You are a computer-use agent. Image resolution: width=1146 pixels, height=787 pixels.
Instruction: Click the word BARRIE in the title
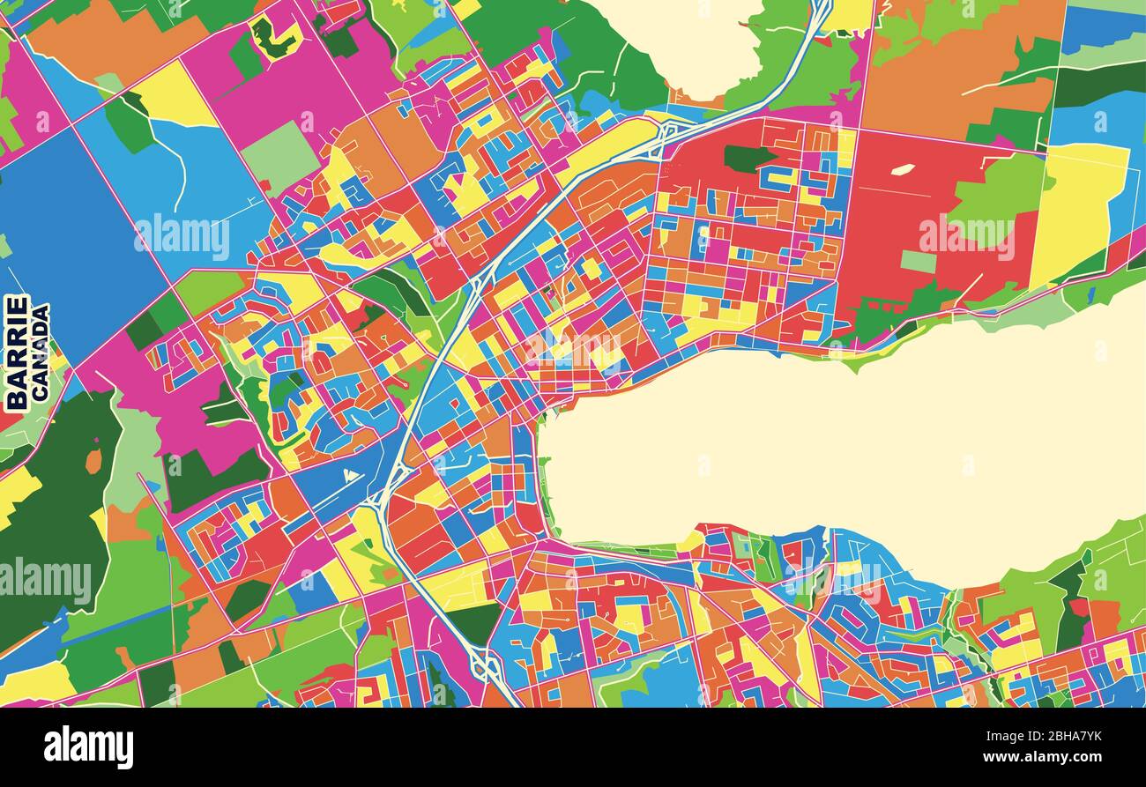click(x=17, y=352)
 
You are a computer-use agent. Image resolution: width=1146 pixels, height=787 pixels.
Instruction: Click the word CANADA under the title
click(x=41, y=353)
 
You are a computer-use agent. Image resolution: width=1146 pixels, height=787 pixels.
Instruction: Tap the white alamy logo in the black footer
click(x=88, y=747)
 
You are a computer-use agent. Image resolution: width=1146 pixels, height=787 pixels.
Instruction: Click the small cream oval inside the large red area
click(x=902, y=169)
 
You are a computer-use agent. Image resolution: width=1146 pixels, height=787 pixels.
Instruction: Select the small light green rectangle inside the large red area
click(x=918, y=262)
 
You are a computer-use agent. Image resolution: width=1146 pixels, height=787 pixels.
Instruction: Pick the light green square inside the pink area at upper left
click(x=279, y=158)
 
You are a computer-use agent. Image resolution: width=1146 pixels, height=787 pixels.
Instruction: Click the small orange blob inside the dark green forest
click(x=93, y=461)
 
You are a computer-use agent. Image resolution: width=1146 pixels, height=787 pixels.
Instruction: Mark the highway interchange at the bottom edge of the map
click(x=484, y=665)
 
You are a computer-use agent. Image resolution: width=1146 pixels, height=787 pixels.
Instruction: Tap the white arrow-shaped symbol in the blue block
click(x=352, y=477)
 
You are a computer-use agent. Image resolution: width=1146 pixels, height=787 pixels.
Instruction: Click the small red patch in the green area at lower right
click(x=1078, y=607)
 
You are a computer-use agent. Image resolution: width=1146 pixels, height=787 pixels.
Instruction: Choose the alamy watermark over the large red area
click(x=965, y=236)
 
